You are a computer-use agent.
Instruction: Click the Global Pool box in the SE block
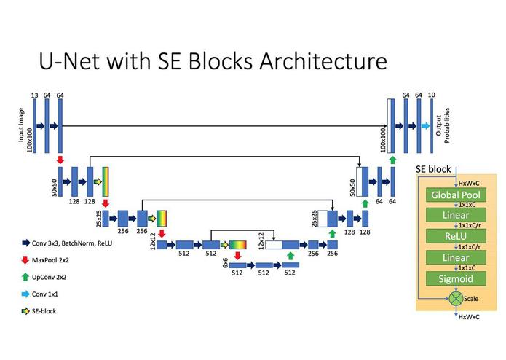456,195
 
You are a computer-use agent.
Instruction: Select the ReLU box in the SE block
456,236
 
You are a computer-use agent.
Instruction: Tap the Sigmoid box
456,278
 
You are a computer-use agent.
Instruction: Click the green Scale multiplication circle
456,299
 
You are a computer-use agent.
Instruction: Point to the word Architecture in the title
323,60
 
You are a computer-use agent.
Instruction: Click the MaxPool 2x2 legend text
50,260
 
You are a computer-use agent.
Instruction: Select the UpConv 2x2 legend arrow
25,277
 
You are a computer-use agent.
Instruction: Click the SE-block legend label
44,311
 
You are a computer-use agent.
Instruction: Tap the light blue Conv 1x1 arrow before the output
425,126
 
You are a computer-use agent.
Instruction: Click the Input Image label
21,125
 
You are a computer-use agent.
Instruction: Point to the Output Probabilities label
443,125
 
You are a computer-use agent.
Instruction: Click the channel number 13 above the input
34,95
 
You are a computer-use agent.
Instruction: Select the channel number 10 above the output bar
432,95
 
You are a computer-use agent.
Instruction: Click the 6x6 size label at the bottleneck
225,262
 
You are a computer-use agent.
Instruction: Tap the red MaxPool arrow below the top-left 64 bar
60,160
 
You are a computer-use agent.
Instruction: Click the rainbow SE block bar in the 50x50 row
106,181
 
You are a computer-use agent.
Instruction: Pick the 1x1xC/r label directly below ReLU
470,247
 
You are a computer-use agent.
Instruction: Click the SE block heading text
433,169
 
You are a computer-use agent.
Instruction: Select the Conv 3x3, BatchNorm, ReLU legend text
72,243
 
